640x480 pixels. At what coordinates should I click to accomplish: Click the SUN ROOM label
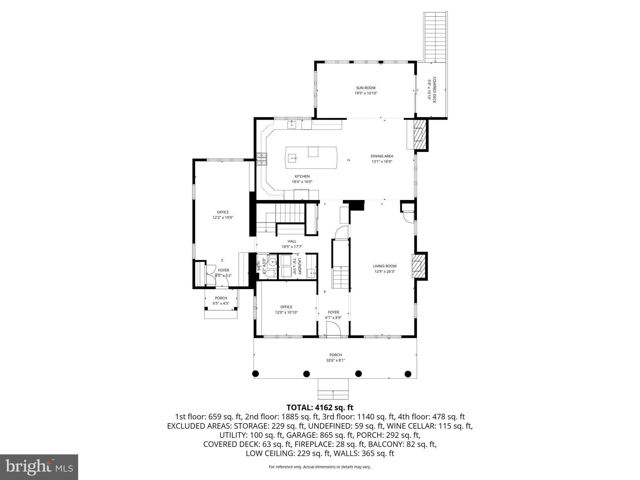point(366,88)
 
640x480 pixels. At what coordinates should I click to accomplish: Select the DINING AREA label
point(382,156)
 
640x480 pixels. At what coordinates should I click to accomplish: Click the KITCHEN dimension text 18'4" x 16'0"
point(302,182)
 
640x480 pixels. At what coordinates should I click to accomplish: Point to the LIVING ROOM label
point(384,266)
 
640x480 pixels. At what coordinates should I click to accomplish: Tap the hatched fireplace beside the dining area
point(419,135)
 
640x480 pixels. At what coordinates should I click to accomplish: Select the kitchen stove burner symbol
point(262,159)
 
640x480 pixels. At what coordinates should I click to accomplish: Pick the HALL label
point(292,241)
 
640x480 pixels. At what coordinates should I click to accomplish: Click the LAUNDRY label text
point(299,267)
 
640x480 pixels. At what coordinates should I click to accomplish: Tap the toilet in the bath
point(272,274)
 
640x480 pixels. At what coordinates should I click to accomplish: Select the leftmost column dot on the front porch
point(255,373)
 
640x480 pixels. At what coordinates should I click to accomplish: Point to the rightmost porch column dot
point(408,373)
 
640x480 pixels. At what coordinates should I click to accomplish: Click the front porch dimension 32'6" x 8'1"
point(335,360)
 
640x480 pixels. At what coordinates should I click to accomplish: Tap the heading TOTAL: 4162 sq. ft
point(320,407)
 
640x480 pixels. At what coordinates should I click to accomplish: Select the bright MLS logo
point(39,467)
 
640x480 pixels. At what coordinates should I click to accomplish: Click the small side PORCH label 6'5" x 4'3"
point(221,301)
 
